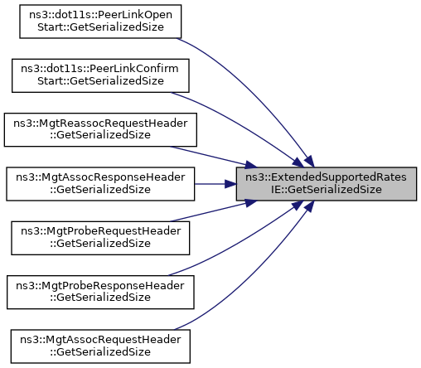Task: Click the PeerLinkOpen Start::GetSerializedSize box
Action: point(100,22)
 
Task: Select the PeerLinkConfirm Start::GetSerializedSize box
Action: point(100,75)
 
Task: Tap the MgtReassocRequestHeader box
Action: point(100,129)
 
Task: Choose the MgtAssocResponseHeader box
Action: point(100,184)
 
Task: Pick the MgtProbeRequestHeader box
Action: point(100,238)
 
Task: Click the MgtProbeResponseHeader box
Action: point(100,292)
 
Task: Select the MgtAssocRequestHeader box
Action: point(100,346)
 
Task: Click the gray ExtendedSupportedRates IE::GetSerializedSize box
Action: point(327,184)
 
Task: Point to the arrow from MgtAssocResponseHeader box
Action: point(215,184)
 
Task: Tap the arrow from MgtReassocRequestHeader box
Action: point(213,157)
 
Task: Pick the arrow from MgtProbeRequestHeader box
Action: point(213,211)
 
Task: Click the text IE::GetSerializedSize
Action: point(327,190)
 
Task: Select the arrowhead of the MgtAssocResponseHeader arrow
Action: point(230,184)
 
